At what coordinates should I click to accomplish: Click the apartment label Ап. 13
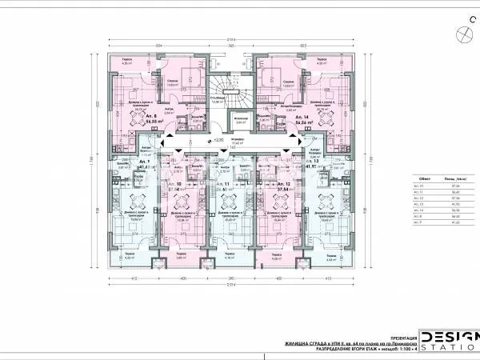311,162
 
